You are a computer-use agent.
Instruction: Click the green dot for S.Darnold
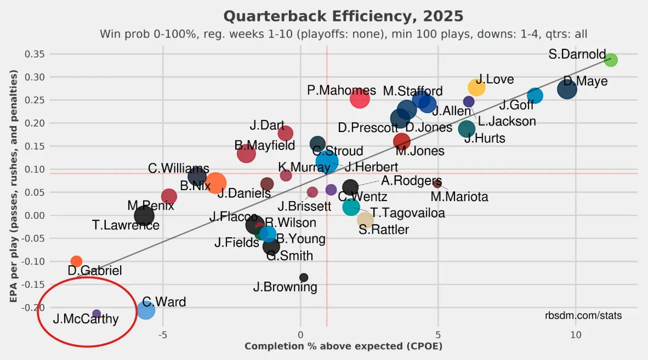coord(611,60)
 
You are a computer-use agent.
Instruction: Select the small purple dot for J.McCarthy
coord(96,313)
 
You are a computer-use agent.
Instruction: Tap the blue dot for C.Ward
coord(146,310)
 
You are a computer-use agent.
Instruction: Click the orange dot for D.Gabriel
coord(76,261)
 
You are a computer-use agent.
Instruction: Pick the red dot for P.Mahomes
coord(360,99)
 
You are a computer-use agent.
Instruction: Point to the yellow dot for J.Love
coord(476,87)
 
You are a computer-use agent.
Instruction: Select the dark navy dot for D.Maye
coord(567,89)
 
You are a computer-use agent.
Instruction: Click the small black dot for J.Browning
coord(304,277)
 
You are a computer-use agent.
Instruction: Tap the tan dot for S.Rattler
coord(365,220)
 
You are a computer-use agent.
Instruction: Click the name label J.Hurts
coord(485,139)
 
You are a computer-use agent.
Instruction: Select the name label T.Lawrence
coord(126,225)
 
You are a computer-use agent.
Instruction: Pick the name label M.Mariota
coord(459,196)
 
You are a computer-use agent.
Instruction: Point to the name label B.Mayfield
coord(265,145)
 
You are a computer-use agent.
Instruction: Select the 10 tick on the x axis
coord(576,334)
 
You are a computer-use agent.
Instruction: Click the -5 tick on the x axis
coord(162,334)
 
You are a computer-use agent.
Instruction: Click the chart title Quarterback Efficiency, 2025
coord(343,15)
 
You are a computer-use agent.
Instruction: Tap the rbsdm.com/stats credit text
coord(583,316)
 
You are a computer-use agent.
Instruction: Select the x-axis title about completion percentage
coord(343,346)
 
